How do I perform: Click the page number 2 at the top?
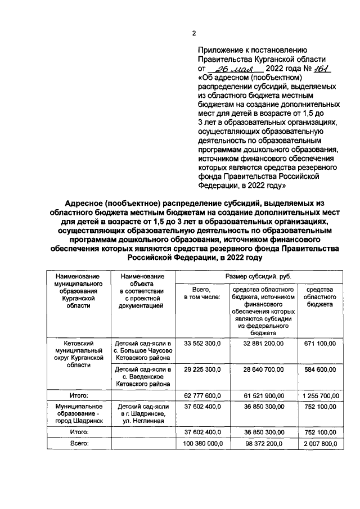coord(193,33)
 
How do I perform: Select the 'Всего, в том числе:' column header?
coord(199,292)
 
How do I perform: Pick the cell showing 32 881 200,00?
coord(263,343)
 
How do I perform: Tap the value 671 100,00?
coord(319,343)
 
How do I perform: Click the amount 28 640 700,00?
coord(263,369)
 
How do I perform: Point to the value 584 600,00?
coord(319,369)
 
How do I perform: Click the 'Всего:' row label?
coord(77,444)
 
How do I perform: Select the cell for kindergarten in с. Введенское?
coord(143,376)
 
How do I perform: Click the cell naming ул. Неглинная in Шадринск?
coord(143,413)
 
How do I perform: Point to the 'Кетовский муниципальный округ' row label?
coord(77,353)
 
